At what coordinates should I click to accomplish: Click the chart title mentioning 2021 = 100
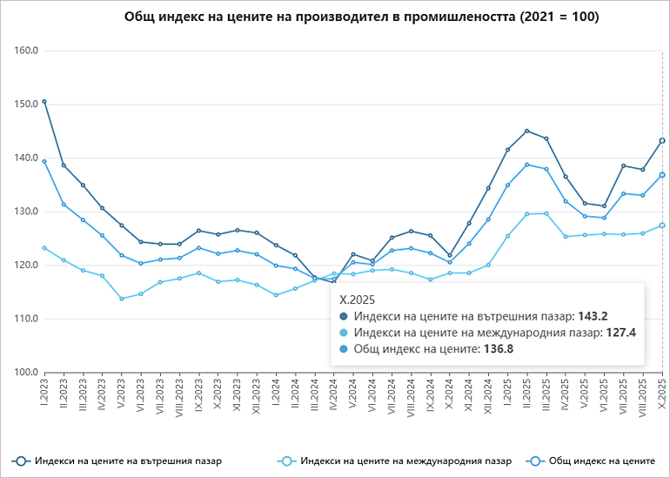pos(361,17)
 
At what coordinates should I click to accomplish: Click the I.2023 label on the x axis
pos(44,394)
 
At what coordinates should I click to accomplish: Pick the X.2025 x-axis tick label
pos(662,394)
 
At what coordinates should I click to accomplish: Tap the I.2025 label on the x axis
pos(507,394)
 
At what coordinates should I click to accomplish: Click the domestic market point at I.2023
pos(44,102)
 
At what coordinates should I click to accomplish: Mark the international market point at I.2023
pos(44,248)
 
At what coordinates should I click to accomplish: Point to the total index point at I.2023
pos(44,161)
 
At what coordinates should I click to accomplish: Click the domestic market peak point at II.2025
pos(526,131)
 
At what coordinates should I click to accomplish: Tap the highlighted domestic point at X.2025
pos(662,141)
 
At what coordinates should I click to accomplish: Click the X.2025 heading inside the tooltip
pos(358,299)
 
